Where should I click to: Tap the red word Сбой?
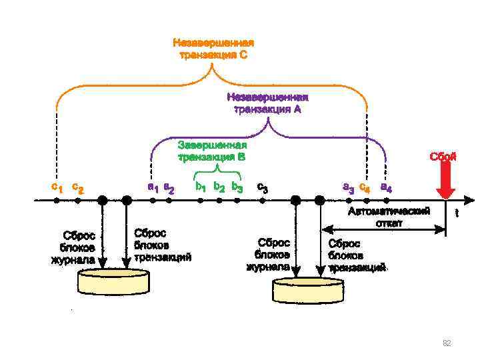[443, 157]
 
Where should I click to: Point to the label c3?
[263, 188]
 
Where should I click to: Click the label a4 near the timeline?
[386, 187]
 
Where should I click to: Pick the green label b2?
[219, 187]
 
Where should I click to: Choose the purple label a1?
[153, 187]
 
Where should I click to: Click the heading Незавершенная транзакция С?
[213, 49]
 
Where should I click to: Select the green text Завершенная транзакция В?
[212, 151]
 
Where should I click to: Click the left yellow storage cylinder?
[113, 281]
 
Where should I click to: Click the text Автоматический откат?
[389, 216]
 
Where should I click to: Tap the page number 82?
[447, 343]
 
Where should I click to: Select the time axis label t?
[457, 213]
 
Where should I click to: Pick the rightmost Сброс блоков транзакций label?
[357, 256]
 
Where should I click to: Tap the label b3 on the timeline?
[237, 187]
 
